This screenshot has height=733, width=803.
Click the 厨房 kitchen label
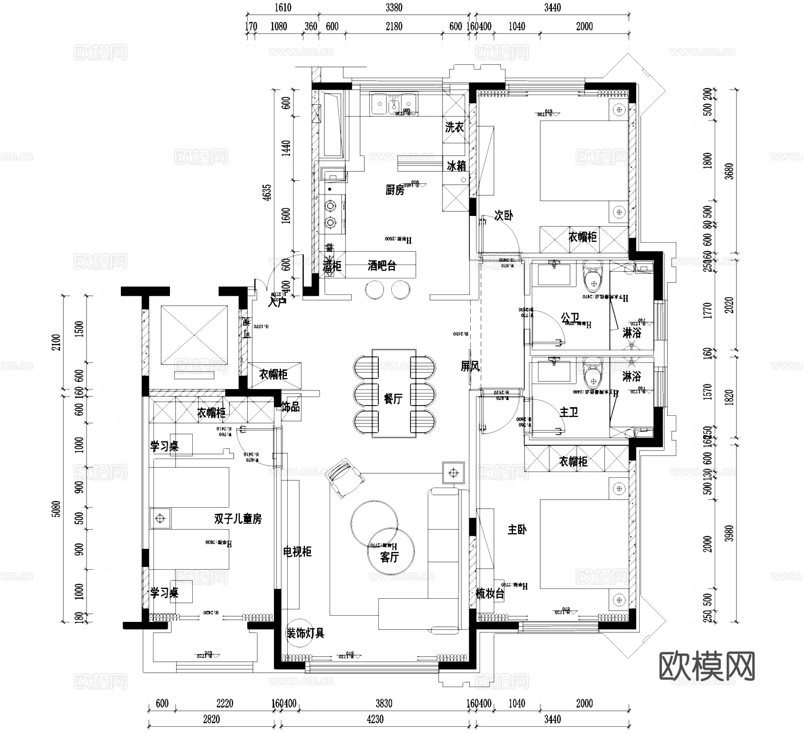point(395,190)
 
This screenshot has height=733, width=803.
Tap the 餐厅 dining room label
point(393,398)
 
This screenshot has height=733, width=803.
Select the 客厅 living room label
point(389,557)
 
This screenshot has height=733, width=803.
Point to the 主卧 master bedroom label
point(517,530)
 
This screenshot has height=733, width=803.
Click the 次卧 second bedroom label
point(504,215)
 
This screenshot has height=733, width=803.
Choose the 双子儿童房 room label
point(238,519)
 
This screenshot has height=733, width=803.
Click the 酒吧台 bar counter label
point(382,266)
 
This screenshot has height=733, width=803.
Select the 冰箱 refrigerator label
point(456,166)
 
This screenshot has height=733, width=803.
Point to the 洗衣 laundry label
point(454,128)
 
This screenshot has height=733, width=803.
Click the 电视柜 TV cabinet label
point(297,552)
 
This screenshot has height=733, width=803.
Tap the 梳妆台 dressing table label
point(490,594)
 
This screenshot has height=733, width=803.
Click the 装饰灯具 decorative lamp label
point(305,633)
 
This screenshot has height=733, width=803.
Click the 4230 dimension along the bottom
point(375,719)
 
